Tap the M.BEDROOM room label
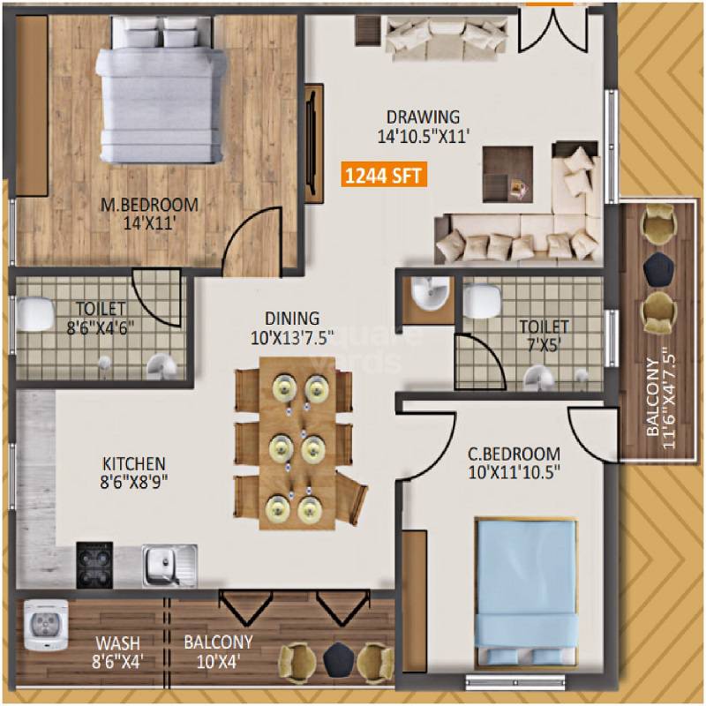(x=148, y=206)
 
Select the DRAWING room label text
(x=424, y=116)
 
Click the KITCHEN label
(x=133, y=463)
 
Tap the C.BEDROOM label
(x=514, y=455)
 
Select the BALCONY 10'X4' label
(x=218, y=650)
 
